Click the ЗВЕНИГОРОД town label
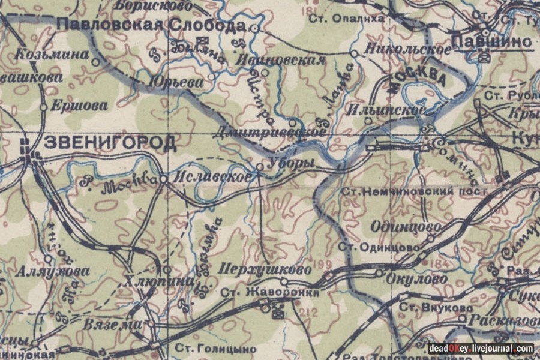click(110, 143)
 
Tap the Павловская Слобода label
click(151, 25)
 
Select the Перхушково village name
click(266, 269)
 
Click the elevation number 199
click(322, 264)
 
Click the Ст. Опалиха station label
click(346, 19)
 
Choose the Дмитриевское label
click(265, 131)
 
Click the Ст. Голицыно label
click(215, 348)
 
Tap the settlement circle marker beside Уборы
click(260, 166)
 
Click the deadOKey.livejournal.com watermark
click(481, 349)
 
